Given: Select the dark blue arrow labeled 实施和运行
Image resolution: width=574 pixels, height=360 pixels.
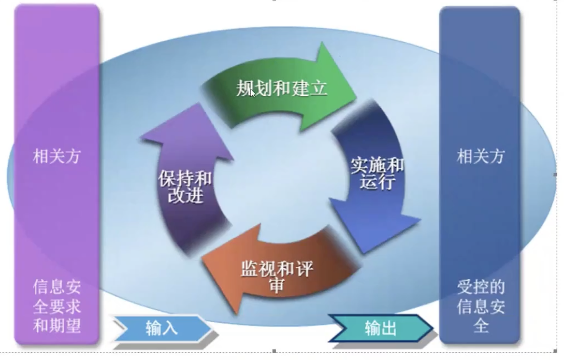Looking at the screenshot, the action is pos(377,175).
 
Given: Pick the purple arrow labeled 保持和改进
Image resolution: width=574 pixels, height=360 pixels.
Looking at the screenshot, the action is pos(185,186).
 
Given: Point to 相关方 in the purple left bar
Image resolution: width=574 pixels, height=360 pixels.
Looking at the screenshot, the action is pos(56,156).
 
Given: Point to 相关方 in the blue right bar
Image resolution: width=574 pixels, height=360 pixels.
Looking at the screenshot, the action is pos(480,156).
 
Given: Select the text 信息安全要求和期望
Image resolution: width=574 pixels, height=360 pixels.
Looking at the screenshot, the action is pos(57,306).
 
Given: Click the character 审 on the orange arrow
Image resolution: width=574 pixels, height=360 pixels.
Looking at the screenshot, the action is pos(277,285).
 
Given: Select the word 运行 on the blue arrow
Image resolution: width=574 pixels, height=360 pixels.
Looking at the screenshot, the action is pos(377,183).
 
